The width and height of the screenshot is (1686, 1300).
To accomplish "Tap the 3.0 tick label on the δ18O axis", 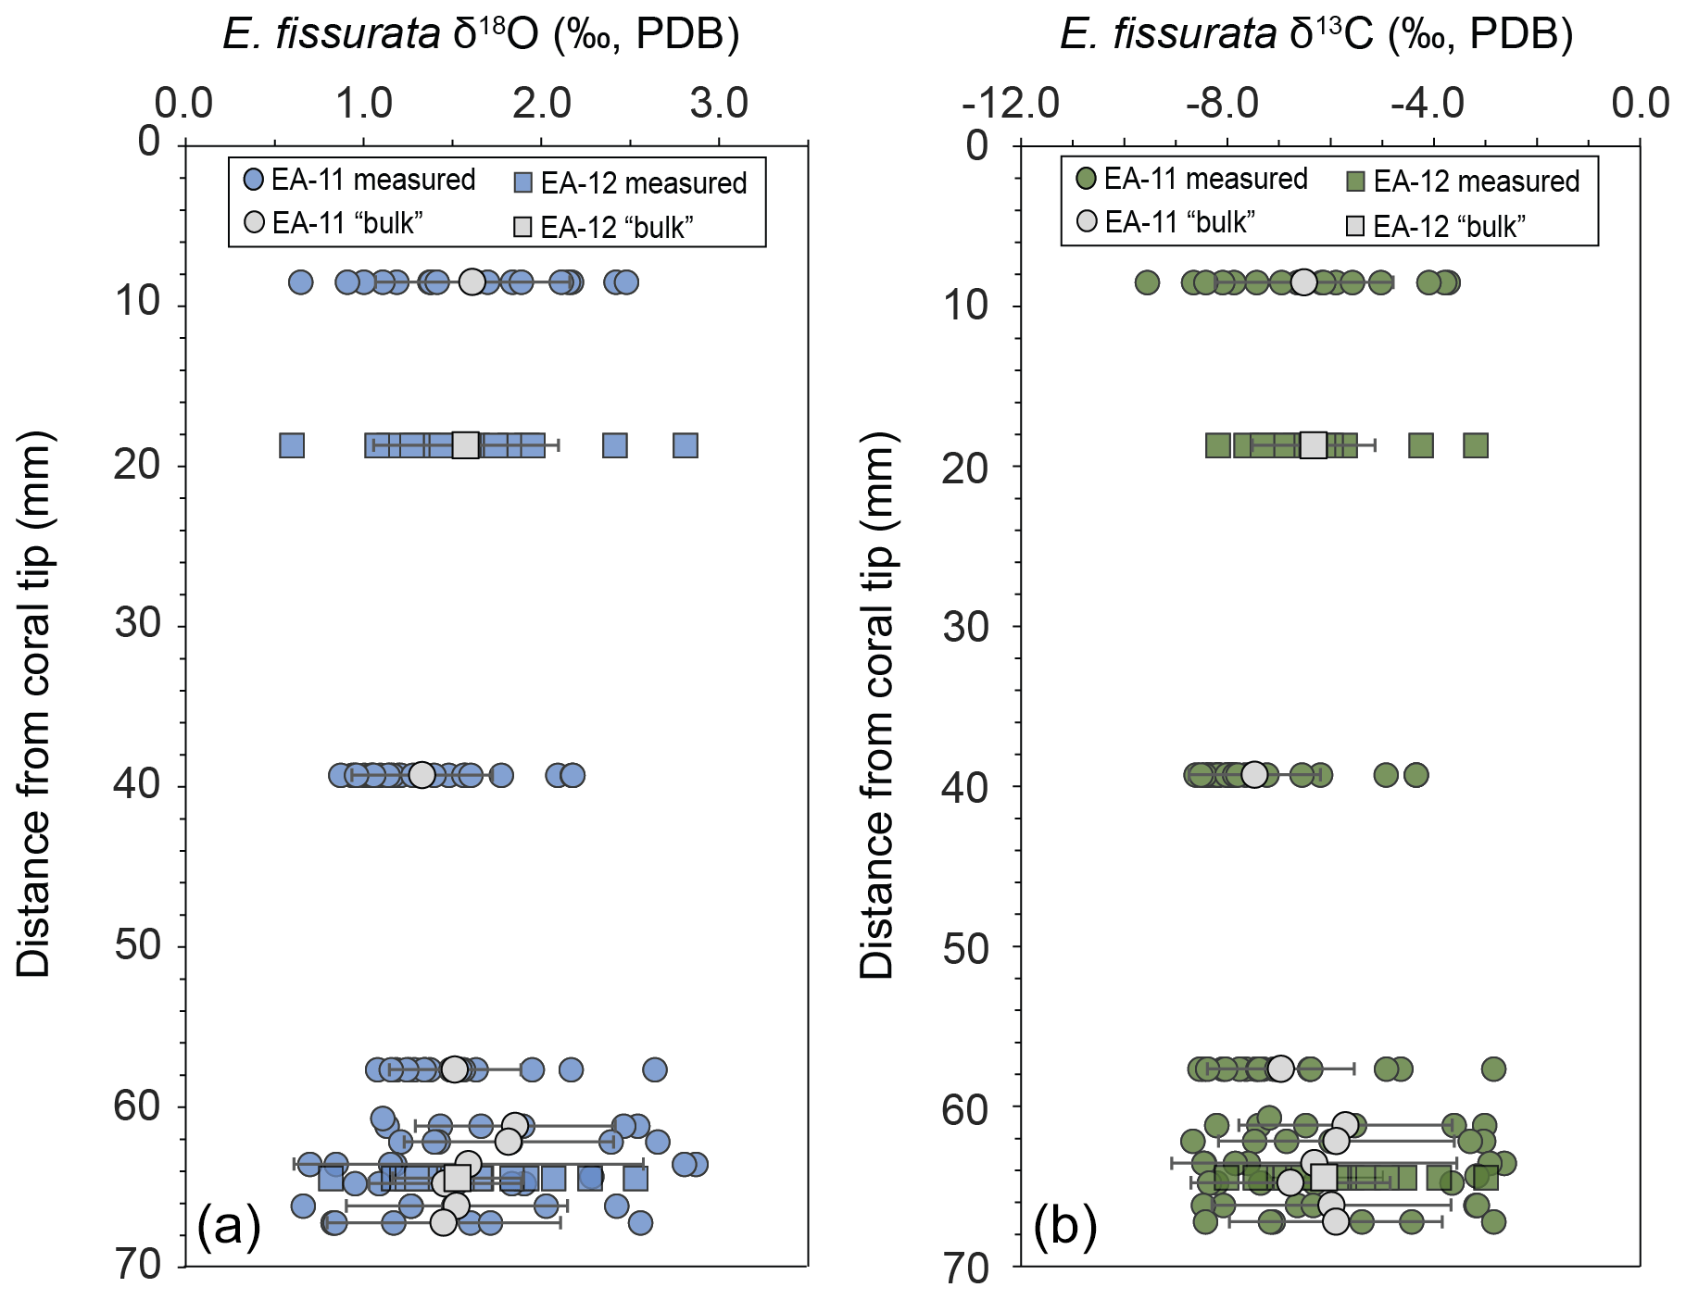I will tap(719, 103).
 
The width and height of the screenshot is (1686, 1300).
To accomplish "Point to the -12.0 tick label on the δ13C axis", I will tap(1011, 103).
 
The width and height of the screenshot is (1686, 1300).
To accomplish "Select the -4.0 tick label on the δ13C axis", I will tap(1428, 103).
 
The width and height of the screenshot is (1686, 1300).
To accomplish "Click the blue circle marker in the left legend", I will tap(254, 180).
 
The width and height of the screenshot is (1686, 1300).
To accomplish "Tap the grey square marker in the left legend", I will tap(523, 227).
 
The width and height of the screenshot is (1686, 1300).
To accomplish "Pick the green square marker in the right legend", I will tap(1356, 181).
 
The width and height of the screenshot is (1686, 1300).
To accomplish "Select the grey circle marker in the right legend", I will tap(1088, 221).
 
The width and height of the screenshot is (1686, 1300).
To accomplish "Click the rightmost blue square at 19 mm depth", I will tap(686, 445).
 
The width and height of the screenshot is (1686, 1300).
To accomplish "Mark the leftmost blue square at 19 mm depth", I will tap(292, 445).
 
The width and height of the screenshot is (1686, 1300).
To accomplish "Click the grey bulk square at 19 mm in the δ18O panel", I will tap(465, 445).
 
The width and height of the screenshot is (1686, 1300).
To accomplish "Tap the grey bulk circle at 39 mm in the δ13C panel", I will tap(1254, 774).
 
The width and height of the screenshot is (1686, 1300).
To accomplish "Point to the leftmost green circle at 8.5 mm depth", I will tap(1147, 282).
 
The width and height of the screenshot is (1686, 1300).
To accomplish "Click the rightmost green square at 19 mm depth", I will tap(1476, 445).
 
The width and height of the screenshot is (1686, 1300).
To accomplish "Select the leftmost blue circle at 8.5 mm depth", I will tap(300, 282).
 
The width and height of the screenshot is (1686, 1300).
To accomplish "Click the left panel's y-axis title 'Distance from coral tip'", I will tap(35, 704).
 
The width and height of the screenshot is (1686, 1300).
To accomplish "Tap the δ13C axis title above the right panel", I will tap(1316, 35).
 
